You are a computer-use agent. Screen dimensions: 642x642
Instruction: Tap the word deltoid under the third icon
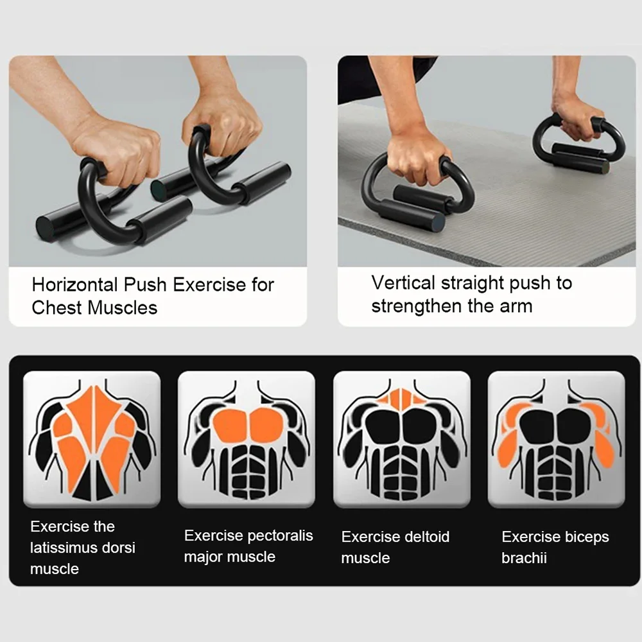click(x=424, y=537)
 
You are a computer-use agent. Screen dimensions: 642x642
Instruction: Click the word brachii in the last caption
click(x=524, y=558)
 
